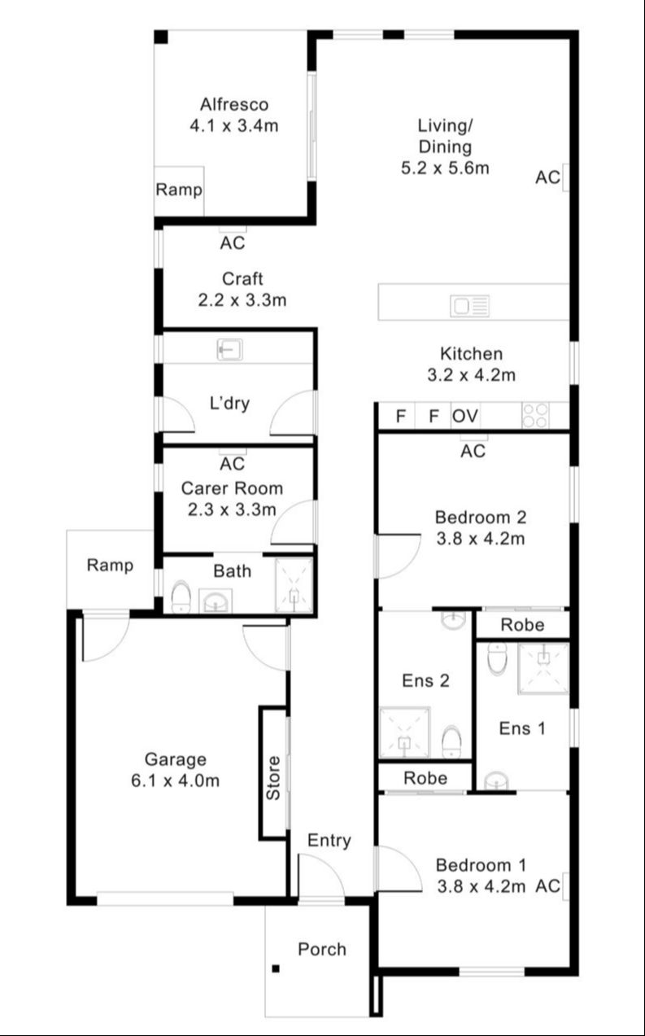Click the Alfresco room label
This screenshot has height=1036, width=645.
coord(233,104)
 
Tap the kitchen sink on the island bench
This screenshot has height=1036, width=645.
coord(471,306)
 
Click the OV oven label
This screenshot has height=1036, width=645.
coord(465,417)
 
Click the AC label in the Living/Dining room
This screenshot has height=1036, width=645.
coord(547,177)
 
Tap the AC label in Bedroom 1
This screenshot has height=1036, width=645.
coord(548,886)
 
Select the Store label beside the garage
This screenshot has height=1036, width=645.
coord(274,777)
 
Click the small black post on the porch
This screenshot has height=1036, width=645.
coord(276,968)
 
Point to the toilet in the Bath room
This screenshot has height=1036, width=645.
coord(181,598)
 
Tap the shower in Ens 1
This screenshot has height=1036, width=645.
coord(543,668)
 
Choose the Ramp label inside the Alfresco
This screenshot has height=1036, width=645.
coord(179,190)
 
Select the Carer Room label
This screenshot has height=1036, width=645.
coord(232,488)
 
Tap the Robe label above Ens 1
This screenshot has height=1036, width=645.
coord(521,625)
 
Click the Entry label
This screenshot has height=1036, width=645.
coord(329,841)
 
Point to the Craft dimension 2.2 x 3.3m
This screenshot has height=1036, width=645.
coord(242,299)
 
